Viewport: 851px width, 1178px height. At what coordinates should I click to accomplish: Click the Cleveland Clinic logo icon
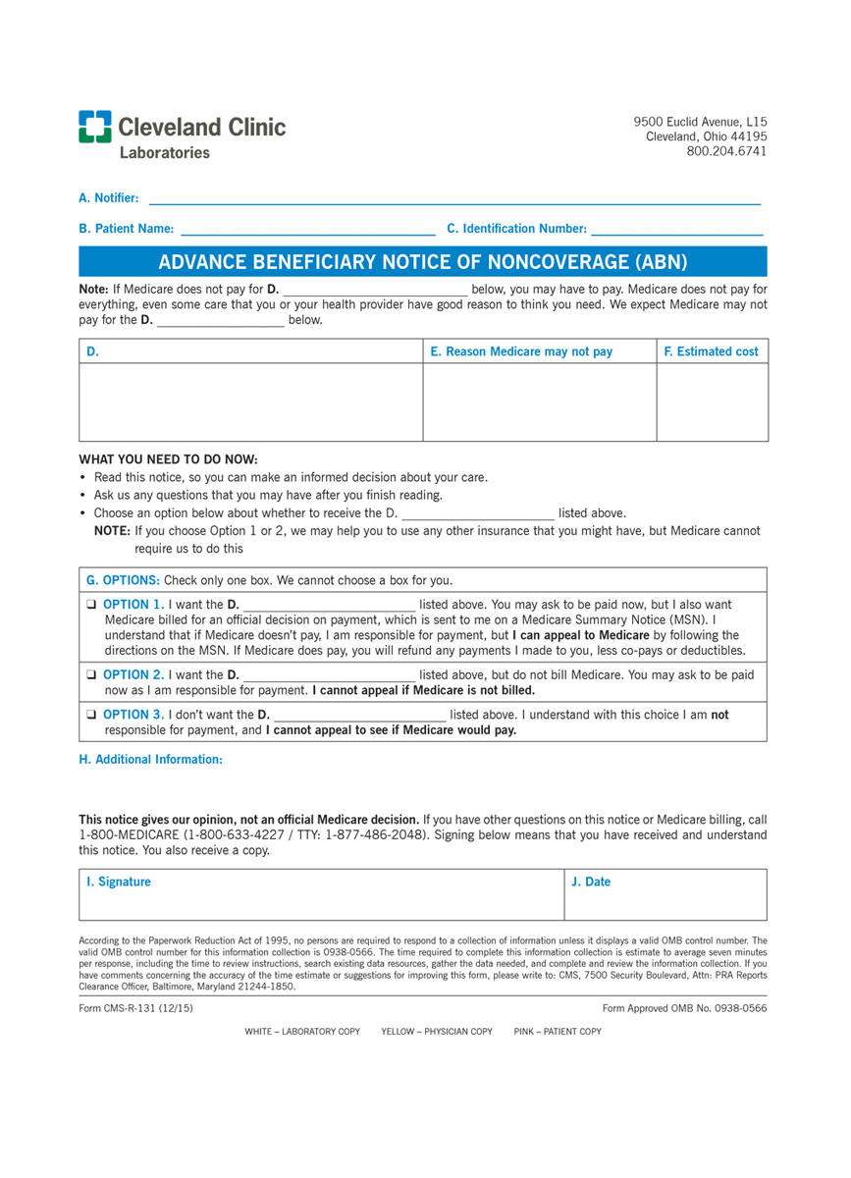[95, 127]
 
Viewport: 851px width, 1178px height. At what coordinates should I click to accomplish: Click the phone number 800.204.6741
[726, 151]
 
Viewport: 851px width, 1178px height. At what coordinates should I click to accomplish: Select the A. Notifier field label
[108, 198]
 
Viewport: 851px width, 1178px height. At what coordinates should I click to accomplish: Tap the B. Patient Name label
[126, 229]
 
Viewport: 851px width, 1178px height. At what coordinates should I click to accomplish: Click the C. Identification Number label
[516, 229]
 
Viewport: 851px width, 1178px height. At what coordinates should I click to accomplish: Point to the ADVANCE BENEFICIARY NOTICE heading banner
[423, 261]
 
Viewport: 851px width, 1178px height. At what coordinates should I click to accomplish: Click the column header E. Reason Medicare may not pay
[528, 351]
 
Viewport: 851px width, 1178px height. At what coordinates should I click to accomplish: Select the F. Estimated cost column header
[711, 351]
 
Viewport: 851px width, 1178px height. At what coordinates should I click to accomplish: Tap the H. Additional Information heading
[150, 759]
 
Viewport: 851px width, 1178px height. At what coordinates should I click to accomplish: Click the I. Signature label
[118, 882]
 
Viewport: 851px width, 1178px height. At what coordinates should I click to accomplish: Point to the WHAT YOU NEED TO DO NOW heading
[168, 459]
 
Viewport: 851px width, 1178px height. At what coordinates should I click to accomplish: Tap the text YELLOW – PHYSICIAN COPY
[437, 1032]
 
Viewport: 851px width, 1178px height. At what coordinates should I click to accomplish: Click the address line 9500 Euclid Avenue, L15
[700, 121]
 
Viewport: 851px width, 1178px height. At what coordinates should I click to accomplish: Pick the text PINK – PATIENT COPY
[558, 1032]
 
